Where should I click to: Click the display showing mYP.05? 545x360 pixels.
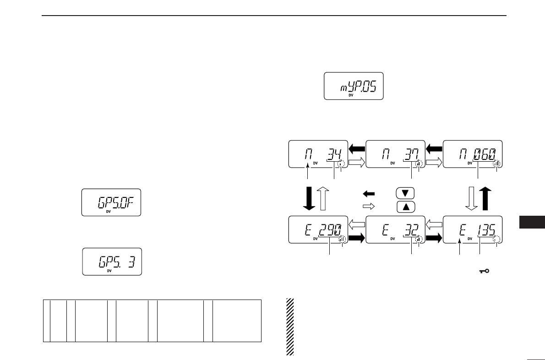pyautogui.click(x=354, y=86)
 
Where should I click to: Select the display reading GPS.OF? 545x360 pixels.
pyautogui.click(x=111, y=202)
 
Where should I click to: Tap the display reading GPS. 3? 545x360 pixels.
pyautogui.click(x=112, y=262)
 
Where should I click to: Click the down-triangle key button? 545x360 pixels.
pyautogui.click(x=405, y=193)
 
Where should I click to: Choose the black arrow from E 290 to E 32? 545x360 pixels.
pyautogui.click(x=357, y=238)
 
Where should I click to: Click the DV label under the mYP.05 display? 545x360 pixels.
pyautogui.click(x=351, y=96)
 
